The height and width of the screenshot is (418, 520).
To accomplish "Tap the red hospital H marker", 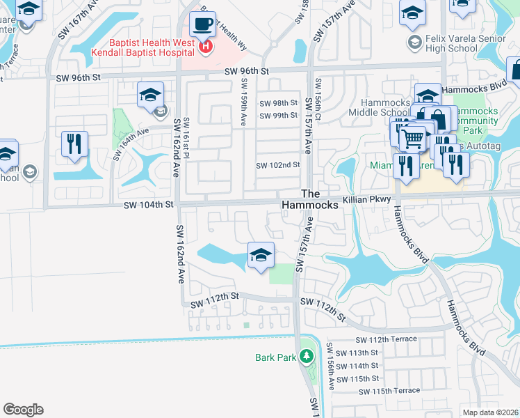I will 205,47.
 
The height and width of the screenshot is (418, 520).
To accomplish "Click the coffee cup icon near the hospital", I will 203,25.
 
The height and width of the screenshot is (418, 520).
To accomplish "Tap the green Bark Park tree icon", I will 305,357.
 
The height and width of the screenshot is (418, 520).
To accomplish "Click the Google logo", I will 23,410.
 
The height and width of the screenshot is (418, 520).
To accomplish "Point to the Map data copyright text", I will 490,412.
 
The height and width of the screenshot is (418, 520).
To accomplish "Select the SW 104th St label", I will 147,205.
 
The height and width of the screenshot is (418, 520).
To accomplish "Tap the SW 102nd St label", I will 277,166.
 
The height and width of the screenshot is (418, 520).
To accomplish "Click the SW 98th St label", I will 278,103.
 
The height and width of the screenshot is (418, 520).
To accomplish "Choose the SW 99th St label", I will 278,116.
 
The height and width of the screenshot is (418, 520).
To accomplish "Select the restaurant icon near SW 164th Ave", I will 74,144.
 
